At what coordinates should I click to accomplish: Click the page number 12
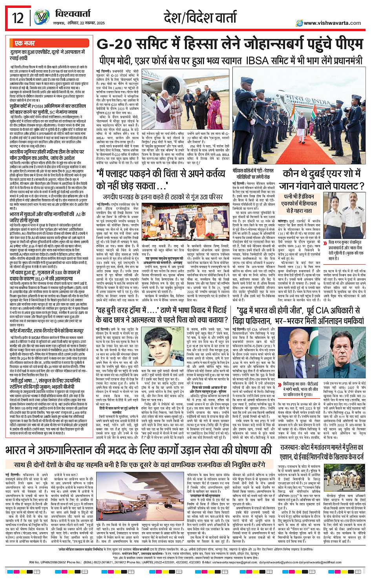tap(18, 18)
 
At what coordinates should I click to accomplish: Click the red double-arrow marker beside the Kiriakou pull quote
tap(280, 385)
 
